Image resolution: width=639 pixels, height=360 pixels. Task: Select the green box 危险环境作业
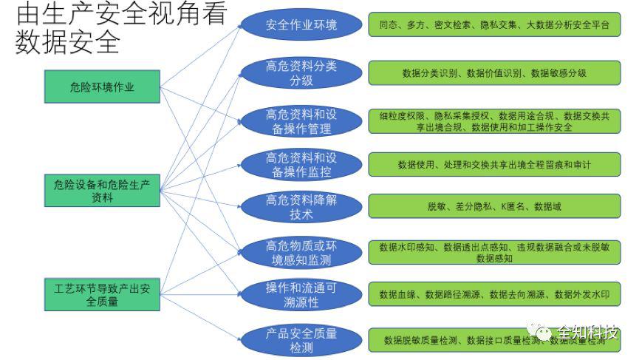[x=102, y=86]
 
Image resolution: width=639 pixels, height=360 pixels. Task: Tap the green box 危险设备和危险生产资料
[x=102, y=191]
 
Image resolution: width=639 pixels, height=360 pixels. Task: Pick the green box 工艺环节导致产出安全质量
[x=102, y=294]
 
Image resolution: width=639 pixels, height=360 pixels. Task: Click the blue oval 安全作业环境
[x=301, y=25]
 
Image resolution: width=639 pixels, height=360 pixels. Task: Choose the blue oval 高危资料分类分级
[x=301, y=73]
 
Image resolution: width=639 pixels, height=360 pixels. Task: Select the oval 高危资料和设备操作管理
[x=301, y=121]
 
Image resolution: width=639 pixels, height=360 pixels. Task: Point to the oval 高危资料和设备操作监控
[x=301, y=165]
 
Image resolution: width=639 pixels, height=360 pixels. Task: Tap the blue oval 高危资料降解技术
[x=301, y=207]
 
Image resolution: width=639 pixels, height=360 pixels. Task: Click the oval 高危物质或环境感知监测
[x=301, y=253]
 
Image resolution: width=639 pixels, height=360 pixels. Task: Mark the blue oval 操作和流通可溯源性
[x=301, y=294]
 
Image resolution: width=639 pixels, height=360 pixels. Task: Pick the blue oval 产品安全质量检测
[x=301, y=339]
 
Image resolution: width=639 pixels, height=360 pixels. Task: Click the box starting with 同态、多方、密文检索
[x=494, y=25]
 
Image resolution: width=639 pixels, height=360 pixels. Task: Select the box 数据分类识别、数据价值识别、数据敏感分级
[x=494, y=72]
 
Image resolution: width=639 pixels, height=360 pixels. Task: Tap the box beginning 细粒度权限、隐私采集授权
[x=494, y=121]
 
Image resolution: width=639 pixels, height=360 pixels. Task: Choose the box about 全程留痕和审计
[x=494, y=164]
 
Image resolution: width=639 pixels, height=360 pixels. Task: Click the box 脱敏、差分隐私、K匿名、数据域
[x=494, y=206]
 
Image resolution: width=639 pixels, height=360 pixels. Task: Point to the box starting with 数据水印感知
[x=494, y=252]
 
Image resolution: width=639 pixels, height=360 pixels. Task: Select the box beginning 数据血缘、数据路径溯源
[x=494, y=294]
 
